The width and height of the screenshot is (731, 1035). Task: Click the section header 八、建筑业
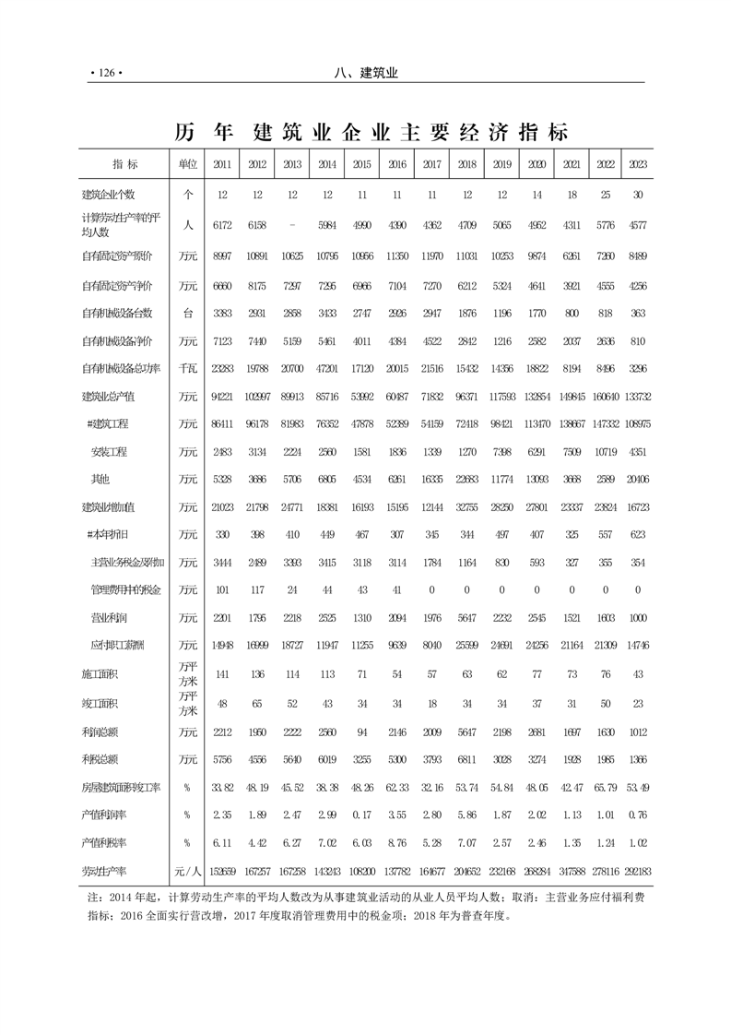tap(366, 73)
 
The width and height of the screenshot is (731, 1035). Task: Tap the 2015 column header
tap(361, 164)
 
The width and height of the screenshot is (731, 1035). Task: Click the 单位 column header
tap(188, 164)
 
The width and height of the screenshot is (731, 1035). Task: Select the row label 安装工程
tap(109, 452)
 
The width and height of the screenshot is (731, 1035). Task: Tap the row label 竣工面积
tap(100, 703)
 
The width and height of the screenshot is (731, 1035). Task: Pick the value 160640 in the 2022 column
tap(603, 397)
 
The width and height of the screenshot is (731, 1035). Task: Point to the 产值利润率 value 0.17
tap(361, 815)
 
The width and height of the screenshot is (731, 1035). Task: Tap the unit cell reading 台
tap(188, 313)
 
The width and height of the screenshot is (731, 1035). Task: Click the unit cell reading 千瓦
tap(188, 369)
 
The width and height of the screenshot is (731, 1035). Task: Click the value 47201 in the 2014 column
tap(326, 369)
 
